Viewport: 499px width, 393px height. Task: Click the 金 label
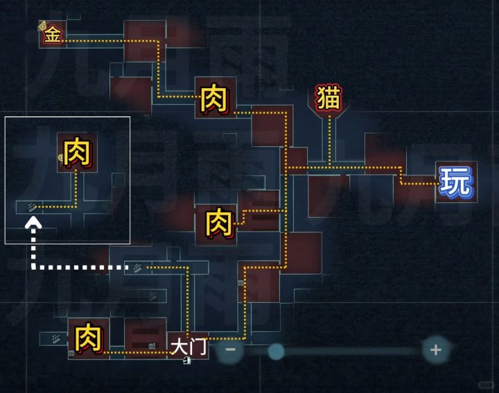click(x=53, y=34)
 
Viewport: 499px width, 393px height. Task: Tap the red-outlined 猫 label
click(x=329, y=98)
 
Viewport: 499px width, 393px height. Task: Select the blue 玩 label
click(x=456, y=182)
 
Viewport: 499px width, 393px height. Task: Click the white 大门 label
click(x=189, y=347)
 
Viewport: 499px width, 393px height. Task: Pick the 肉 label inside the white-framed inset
click(x=78, y=152)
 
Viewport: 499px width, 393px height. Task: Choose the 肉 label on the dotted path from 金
click(x=214, y=98)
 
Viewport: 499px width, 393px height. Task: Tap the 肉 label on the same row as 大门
click(x=89, y=338)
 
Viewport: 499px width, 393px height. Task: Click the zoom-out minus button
click(x=230, y=350)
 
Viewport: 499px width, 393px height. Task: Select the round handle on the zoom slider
click(x=276, y=351)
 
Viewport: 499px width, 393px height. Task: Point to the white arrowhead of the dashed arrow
click(x=33, y=222)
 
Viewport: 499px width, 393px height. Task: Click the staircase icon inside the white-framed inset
click(x=31, y=207)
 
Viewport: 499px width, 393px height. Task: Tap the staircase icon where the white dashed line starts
click(x=137, y=268)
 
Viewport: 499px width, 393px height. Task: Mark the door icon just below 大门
click(x=187, y=360)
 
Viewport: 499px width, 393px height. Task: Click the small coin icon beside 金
click(x=43, y=26)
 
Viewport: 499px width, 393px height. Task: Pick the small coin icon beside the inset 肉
click(x=61, y=157)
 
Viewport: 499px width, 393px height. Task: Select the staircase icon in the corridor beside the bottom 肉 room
click(x=56, y=339)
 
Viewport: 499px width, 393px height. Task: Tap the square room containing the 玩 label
click(x=456, y=182)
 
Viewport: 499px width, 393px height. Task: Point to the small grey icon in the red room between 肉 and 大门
click(x=152, y=346)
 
